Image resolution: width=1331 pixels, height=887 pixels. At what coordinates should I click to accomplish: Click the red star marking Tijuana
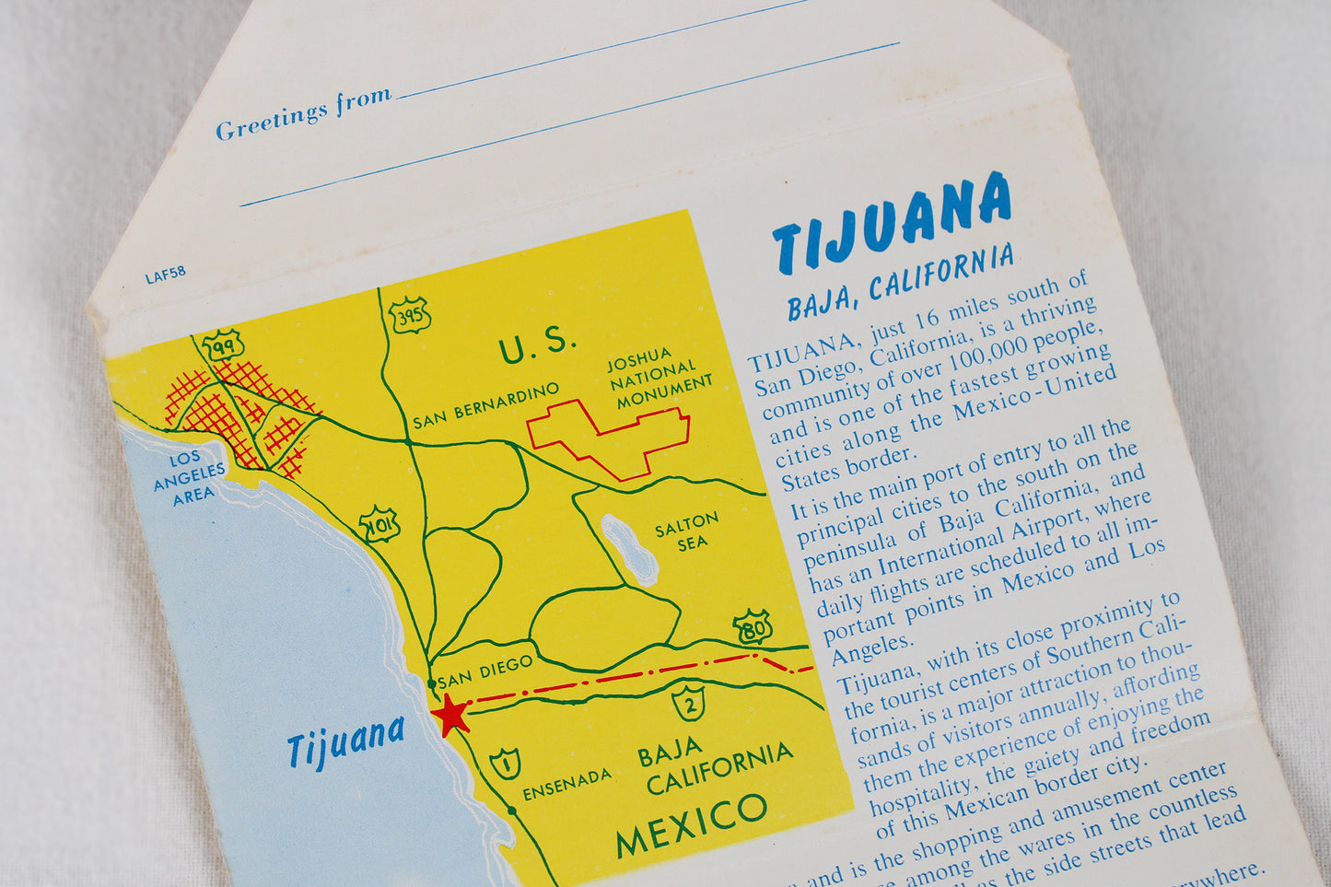click(450, 716)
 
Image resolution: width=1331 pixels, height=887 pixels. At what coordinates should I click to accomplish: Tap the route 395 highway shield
click(408, 316)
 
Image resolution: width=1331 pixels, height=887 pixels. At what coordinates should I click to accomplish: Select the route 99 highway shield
click(222, 344)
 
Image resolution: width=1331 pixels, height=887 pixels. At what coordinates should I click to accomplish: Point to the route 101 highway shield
click(379, 524)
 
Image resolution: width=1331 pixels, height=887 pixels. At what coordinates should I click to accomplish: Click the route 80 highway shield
click(753, 626)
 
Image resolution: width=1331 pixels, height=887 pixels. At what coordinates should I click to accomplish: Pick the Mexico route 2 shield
click(688, 702)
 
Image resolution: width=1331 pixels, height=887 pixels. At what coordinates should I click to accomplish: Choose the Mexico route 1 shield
click(505, 764)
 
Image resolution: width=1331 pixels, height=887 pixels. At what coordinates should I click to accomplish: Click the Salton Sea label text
click(686, 531)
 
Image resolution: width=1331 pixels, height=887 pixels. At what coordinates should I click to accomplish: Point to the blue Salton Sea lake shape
click(630, 550)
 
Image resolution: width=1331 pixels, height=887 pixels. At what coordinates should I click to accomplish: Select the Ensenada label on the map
click(566, 785)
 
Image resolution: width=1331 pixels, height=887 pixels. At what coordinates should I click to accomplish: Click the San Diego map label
click(485, 672)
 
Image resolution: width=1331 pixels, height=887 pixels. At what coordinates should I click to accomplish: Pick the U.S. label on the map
click(538, 345)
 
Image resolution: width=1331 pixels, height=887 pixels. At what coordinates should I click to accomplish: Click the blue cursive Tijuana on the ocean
click(345, 741)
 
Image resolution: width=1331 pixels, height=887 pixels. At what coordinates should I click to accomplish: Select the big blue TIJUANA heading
click(891, 222)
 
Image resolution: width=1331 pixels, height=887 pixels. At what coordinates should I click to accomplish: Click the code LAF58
click(165, 274)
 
